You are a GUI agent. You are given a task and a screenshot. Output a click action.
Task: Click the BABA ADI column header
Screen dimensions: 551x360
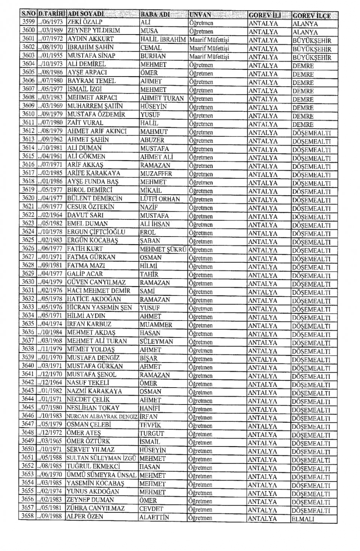155,15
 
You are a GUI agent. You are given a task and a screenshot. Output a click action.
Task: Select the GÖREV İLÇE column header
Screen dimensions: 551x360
312,15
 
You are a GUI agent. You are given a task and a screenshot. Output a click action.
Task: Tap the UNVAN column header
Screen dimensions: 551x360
201,15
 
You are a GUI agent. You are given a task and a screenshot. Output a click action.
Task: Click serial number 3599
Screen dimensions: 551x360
28,22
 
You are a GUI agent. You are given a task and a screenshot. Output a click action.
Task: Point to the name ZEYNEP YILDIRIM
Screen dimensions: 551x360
94,30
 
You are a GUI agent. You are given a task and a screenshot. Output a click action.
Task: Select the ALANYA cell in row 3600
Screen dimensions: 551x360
305,32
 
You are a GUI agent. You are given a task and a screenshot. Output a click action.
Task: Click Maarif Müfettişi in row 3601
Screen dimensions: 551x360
209,40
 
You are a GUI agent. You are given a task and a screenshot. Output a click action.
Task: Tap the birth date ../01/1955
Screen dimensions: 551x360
50,55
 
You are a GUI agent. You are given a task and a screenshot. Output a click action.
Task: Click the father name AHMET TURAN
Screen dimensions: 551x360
162,98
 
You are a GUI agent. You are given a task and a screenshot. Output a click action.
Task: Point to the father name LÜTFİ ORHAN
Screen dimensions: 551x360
160,199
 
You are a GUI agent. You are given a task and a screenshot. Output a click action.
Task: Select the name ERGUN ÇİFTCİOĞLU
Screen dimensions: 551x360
96,232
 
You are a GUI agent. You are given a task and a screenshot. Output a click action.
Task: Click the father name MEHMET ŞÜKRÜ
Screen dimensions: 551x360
163,249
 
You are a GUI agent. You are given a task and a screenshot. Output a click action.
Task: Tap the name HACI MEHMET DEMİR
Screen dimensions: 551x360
99,291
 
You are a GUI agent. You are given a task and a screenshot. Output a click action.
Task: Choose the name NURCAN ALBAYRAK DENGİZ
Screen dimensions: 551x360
102,416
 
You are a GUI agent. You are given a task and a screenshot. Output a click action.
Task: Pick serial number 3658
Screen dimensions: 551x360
28,517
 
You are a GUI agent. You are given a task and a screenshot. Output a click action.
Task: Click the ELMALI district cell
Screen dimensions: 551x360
303,519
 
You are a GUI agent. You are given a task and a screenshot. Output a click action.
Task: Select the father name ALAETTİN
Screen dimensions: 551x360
154,517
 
